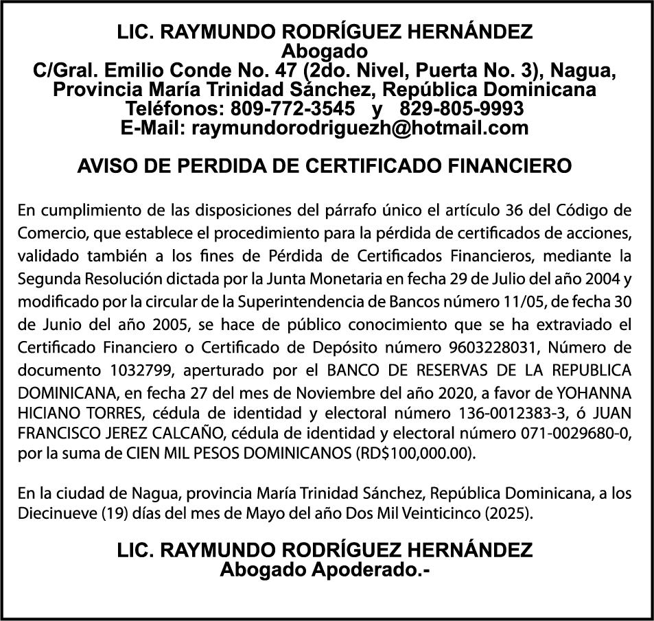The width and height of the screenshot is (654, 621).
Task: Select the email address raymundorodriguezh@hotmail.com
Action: click(360, 128)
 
